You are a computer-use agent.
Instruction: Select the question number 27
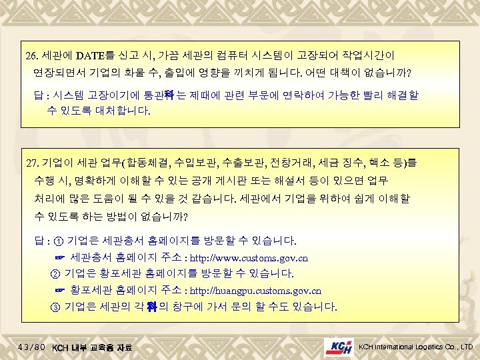click(x=33, y=163)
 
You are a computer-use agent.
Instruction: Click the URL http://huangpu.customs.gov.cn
click(x=256, y=291)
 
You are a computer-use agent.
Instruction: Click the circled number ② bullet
click(x=55, y=273)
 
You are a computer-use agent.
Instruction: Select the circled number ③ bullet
click(x=55, y=307)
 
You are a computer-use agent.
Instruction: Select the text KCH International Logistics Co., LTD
click(x=416, y=347)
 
